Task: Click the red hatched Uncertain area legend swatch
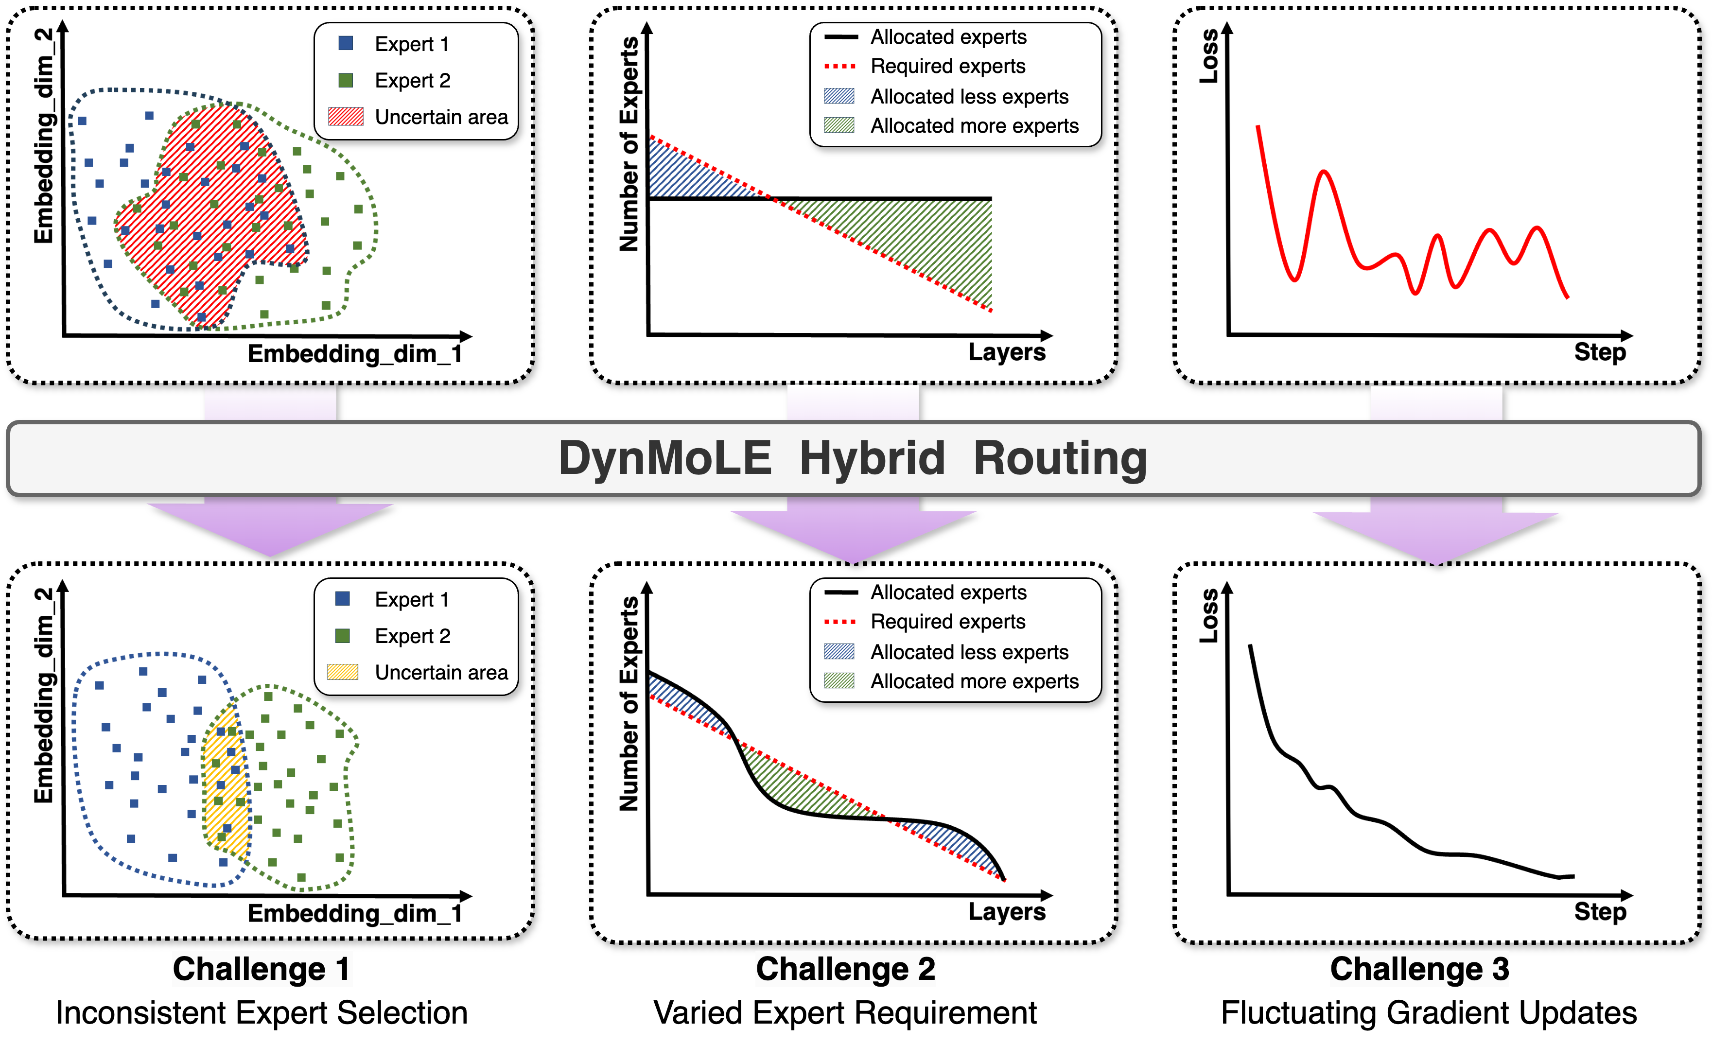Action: [345, 117]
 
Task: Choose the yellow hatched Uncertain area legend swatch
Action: [343, 672]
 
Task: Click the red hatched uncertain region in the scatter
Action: [209, 209]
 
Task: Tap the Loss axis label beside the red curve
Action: [1209, 55]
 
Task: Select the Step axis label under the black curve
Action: [1599, 911]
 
